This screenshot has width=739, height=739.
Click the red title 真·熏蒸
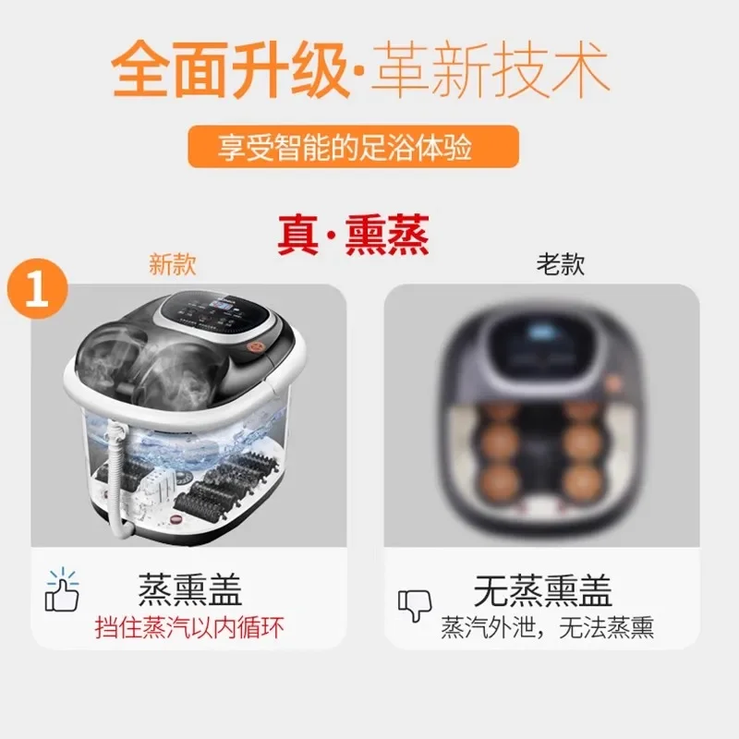click(353, 236)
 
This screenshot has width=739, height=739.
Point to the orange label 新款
click(174, 265)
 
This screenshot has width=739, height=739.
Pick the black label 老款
click(561, 265)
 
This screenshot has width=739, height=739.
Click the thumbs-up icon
click(62, 591)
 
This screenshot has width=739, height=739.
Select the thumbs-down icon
click(415, 606)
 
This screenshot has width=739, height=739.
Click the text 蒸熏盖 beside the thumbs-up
click(189, 588)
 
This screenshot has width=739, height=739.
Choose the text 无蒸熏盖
click(543, 588)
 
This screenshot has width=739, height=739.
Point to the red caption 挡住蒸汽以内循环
click(189, 627)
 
